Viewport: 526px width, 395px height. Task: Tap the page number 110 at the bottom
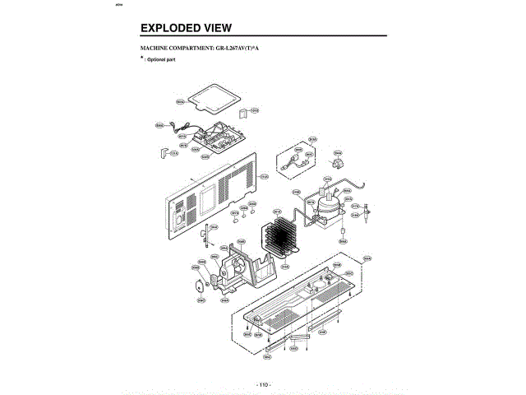(263, 384)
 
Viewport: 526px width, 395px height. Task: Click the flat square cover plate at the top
(209, 100)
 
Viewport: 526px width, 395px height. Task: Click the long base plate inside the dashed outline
(296, 304)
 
